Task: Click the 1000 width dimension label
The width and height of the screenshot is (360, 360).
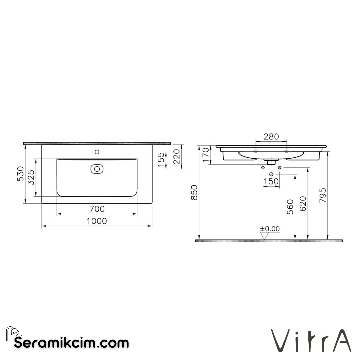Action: (x=97, y=221)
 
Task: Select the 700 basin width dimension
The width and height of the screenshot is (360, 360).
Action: (x=97, y=209)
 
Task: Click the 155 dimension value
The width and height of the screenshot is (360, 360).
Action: (x=161, y=160)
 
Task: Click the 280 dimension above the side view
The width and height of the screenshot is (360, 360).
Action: (x=271, y=137)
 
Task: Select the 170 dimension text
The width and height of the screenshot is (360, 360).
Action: (x=206, y=155)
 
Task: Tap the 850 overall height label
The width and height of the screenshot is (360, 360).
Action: (x=194, y=192)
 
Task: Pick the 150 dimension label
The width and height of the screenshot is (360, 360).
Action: (x=271, y=181)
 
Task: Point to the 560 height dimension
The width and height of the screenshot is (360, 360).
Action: (x=290, y=207)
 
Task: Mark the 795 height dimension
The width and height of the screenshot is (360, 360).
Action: (x=323, y=196)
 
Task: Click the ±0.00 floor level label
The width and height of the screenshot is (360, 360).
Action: (x=270, y=229)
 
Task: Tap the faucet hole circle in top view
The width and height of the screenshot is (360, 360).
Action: (x=97, y=152)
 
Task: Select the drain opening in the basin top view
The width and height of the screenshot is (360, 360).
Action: (x=97, y=169)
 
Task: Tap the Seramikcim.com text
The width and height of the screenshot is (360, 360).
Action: (x=71, y=342)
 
